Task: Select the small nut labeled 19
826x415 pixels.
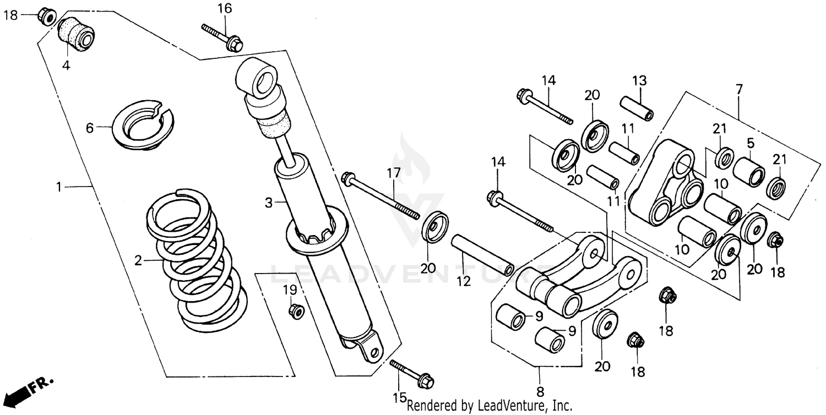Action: click(296, 311)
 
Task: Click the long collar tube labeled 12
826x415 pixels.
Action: click(482, 255)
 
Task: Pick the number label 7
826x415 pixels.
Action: click(739, 88)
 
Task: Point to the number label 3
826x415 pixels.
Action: click(269, 203)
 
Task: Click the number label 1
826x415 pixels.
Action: click(59, 187)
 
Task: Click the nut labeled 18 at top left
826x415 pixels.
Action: click(45, 17)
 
